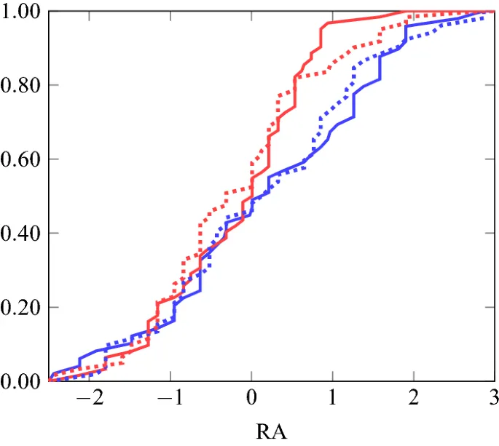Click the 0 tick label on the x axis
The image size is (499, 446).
click(x=251, y=399)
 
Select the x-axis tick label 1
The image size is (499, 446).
click(x=332, y=399)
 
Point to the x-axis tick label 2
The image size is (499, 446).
click(x=413, y=399)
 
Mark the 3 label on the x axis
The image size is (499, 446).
click(x=493, y=399)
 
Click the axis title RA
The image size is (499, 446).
click(x=272, y=432)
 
